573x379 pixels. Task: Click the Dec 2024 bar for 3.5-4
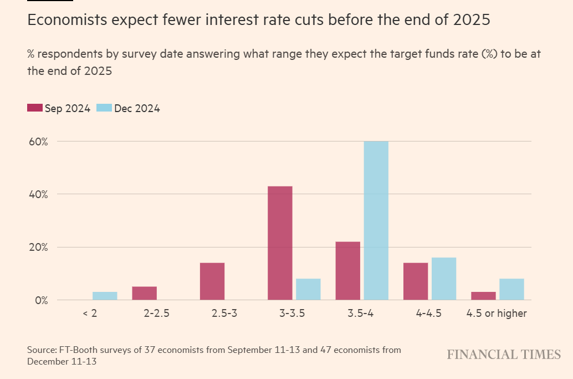click(376, 221)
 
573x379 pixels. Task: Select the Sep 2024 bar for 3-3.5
click(280, 243)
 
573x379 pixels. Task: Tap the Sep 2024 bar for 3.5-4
click(347, 271)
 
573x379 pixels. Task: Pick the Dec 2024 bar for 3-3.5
click(308, 289)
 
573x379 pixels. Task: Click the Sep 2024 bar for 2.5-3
click(212, 281)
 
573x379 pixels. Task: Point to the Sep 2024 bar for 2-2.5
click(144, 293)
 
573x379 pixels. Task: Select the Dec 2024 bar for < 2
click(105, 296)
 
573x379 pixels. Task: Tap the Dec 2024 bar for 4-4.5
click(443, 279)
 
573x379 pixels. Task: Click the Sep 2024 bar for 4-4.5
click(416, 281)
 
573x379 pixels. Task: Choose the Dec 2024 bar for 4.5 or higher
click(511, 289)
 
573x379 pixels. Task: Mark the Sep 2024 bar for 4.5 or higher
click(483, 296)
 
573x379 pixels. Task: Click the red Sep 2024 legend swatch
click(34, 108)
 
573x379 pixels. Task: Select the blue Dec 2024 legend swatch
click(104, 108)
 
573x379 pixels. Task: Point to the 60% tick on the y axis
click(38, 142)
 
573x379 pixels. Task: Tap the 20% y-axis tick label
click(38, 247)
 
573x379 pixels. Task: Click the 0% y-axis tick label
click(41, 300)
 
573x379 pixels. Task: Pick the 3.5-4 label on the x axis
click(361, 314)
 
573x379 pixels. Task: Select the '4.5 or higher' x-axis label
click(497, 314)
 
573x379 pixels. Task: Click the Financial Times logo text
click(504, 355)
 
